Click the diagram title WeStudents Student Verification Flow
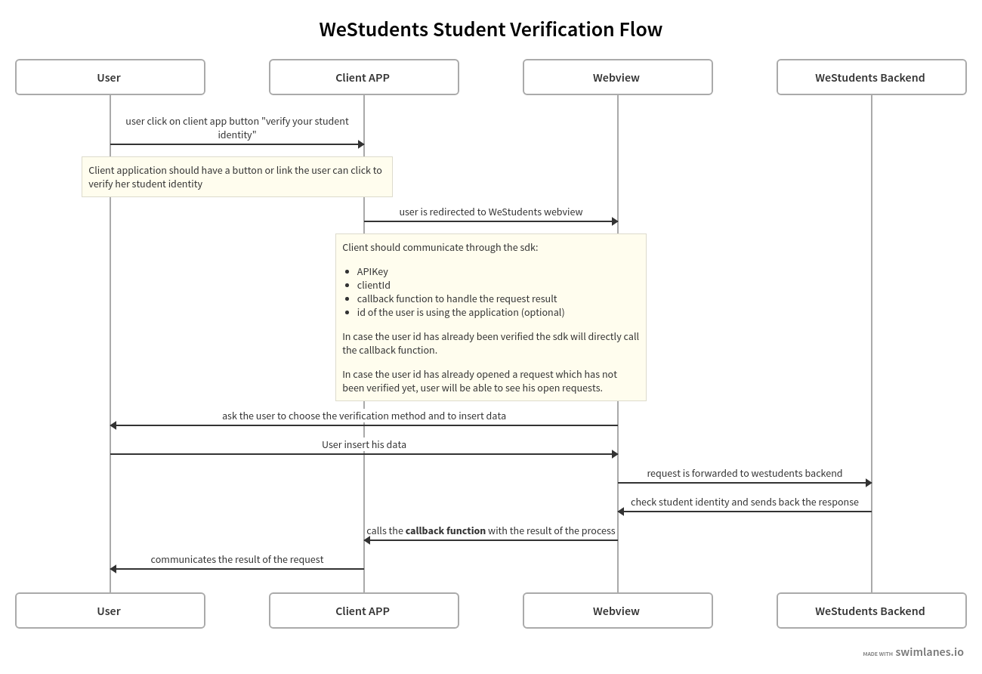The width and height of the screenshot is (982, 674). pos(490,29)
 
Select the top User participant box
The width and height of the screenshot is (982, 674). pos(110,77)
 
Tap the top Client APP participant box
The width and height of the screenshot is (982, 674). pos(363,77)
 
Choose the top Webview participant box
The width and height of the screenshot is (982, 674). pos(617,77)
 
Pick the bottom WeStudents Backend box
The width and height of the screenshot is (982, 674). pos(871,611)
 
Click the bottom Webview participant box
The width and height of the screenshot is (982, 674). pos(617,611)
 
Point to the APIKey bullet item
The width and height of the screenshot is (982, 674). pos(372,271)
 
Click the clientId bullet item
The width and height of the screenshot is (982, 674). pos(373,285)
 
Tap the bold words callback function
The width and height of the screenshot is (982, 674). pos(445,530)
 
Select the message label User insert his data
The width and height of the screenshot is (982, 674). pos(363,444)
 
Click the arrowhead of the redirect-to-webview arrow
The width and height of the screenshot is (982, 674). pos(614,221)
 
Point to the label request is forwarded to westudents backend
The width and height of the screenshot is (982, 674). pos(744,473)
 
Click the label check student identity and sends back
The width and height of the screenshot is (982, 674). pos(744,502)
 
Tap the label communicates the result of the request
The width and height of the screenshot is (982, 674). pos(236,559)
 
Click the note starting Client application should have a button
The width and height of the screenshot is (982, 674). pos(236,177)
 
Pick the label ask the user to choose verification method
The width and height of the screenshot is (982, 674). pos(363,416)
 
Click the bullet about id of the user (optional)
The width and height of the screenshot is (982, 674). pos(460,312)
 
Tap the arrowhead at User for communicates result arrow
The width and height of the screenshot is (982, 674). pos(113,569)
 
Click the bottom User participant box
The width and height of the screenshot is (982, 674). pos(110,611)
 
